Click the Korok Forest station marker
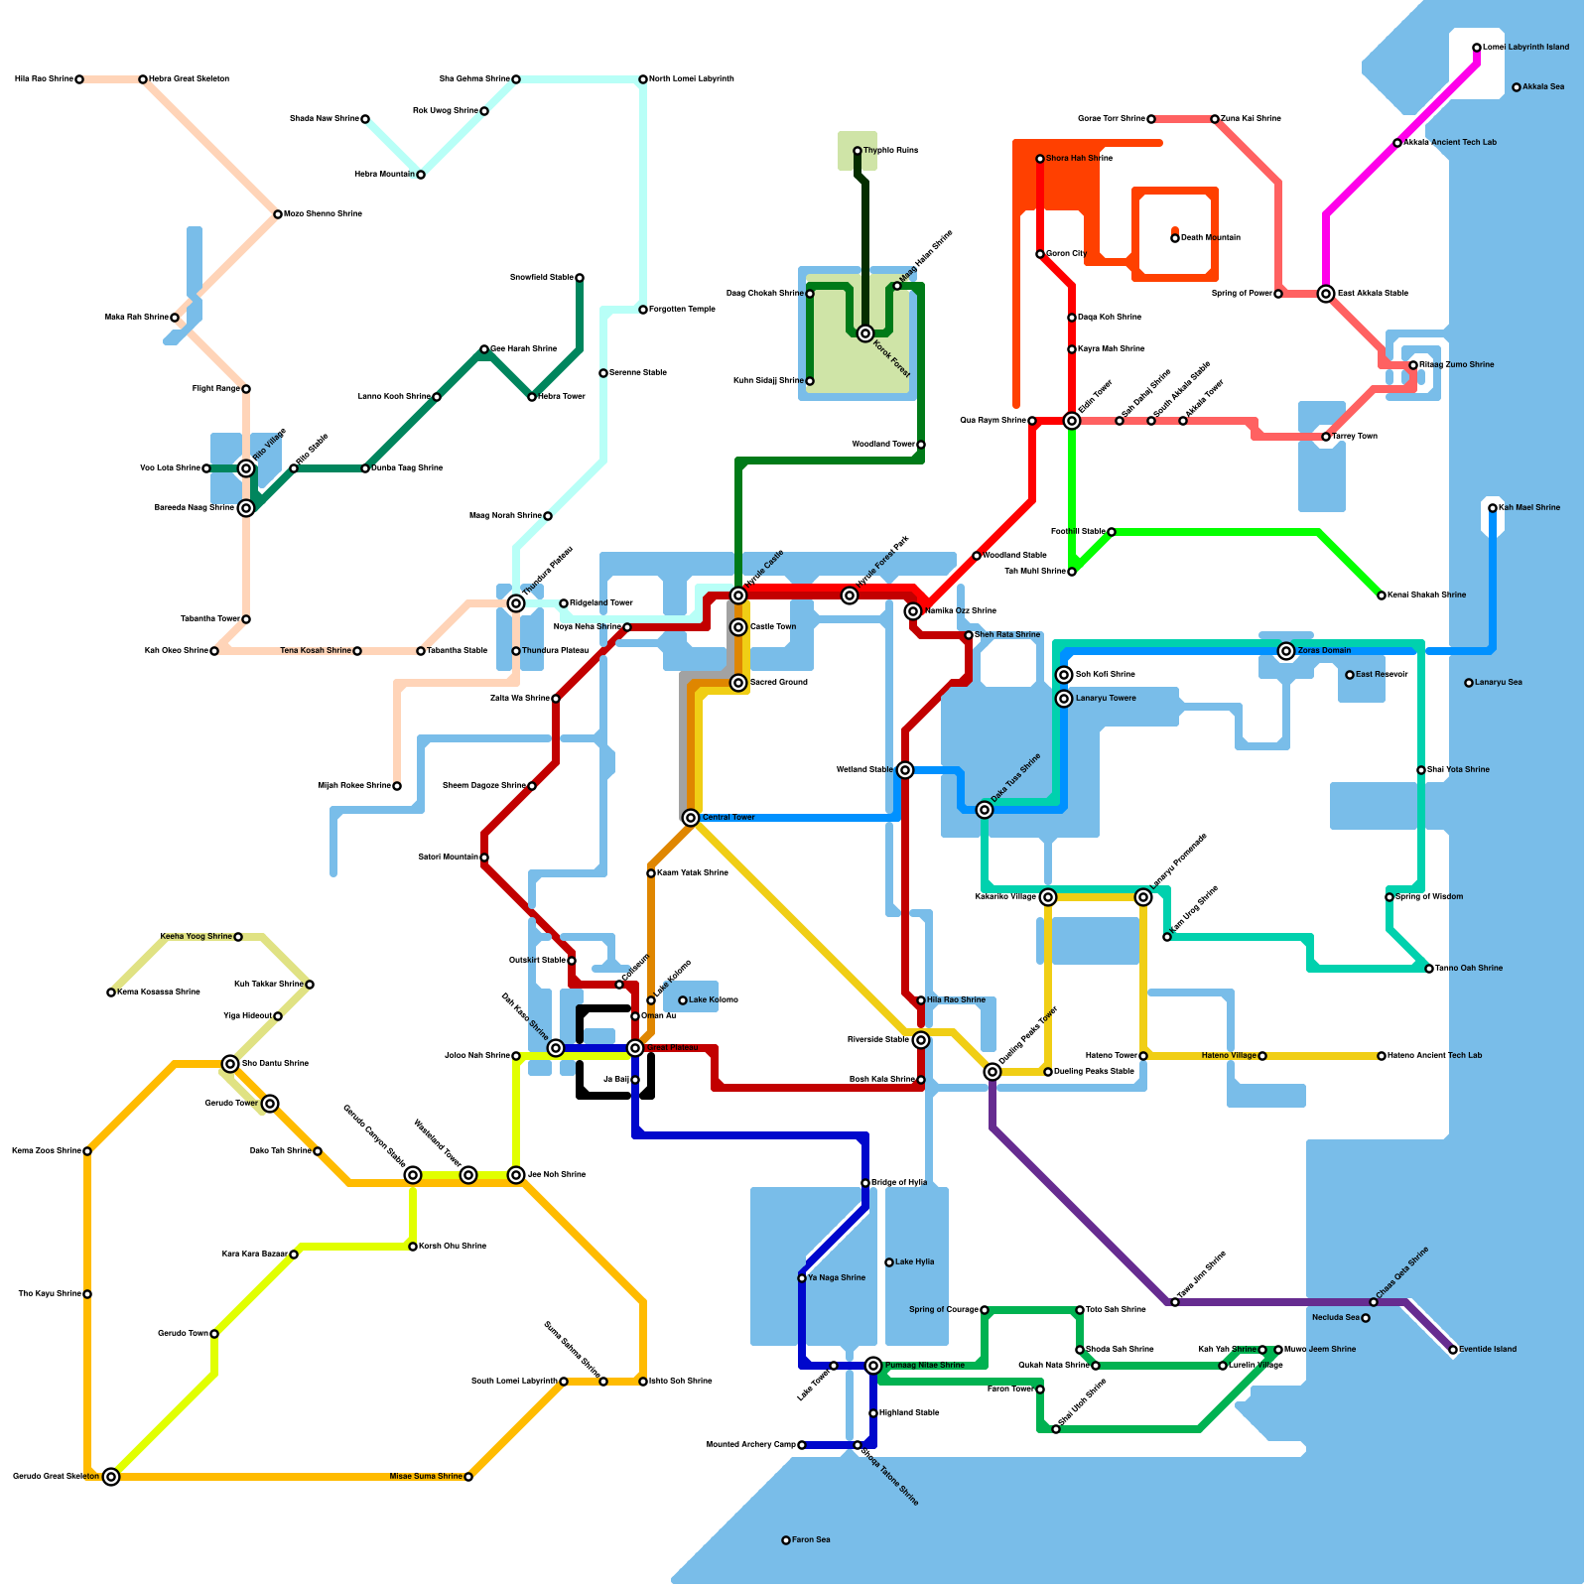865,333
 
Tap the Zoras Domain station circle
1286,651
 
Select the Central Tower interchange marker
691,818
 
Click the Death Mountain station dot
1175,238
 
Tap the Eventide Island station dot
1453,1350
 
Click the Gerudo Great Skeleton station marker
111,1477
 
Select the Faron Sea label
811,1540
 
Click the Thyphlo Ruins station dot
858,151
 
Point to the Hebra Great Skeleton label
189,79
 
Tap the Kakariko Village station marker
1048,897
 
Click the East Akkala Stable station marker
1326,294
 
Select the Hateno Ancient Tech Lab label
1434,1056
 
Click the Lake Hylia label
914,1262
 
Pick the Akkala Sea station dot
1517,87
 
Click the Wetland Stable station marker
905,770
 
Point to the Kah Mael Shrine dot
1493,508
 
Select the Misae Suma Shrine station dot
468,1477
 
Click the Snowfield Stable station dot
580,278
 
